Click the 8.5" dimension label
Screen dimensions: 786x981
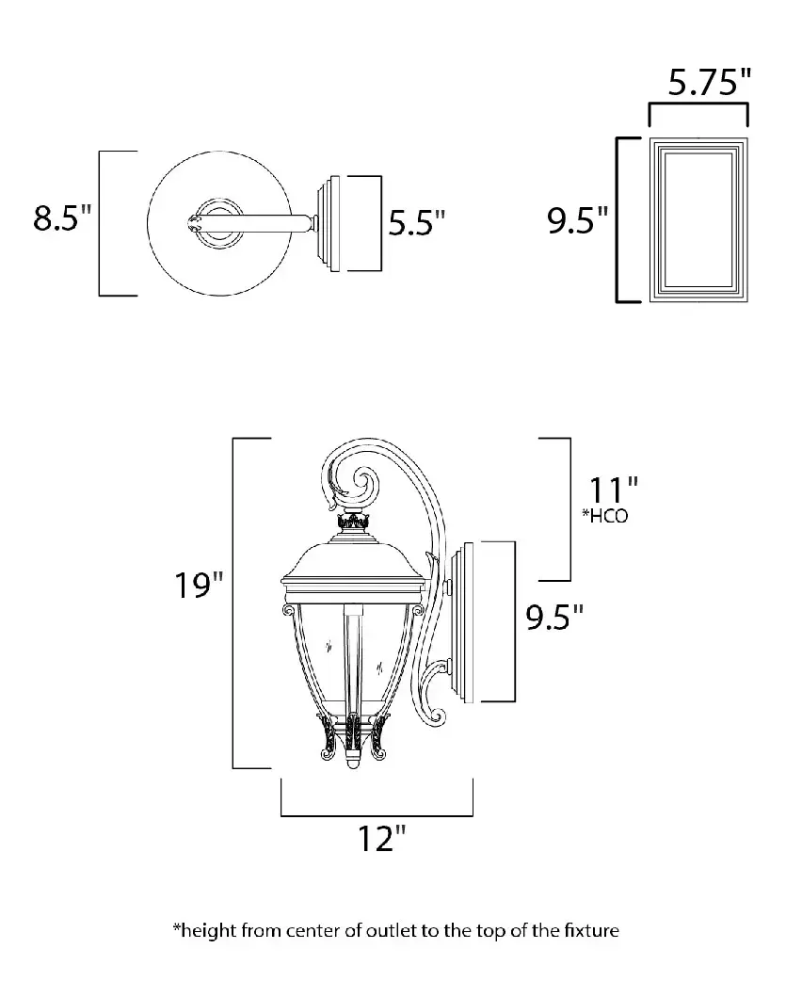point(62,217)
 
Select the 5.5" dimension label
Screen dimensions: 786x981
point(417,222)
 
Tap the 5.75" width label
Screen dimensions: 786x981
point(709,82)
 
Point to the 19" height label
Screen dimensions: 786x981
point(199,585)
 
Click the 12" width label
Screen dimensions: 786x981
point(381,838)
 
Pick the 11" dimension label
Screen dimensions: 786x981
point(613,490)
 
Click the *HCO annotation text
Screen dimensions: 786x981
point(604,516)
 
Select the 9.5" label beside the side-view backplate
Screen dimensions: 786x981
point(554,617)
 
